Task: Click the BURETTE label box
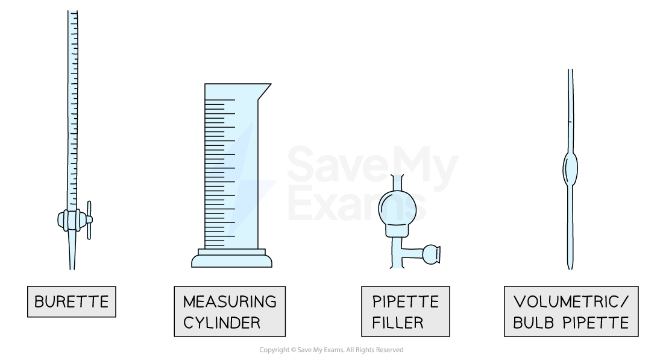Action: coord(71,302)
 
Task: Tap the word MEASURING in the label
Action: coord(230,302)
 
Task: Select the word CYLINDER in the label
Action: coord(222,322)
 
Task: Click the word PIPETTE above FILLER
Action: coord(405,302)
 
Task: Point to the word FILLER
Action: coord(397,322)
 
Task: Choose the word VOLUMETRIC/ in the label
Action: coord(571,302)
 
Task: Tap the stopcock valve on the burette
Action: coord(75,220)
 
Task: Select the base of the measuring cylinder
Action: coord(231,260)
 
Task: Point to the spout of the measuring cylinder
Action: coord(264,89)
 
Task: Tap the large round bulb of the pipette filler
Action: coord(397,209)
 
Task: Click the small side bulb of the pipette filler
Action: coord(431,254)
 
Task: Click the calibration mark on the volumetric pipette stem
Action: coord(570,122)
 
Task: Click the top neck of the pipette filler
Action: coord(397,181)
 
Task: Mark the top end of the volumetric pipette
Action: coord(570,71)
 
